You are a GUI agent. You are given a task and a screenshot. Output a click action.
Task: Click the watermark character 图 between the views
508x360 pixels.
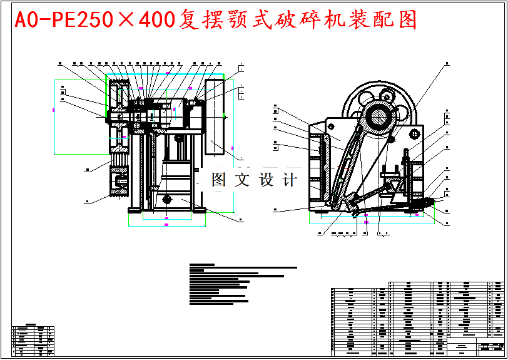[219, 180]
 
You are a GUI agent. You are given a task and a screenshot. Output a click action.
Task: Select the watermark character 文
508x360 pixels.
[242, 180]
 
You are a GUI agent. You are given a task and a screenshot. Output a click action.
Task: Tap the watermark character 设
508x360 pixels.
[265, 180]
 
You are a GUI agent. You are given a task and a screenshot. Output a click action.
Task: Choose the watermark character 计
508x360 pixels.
[289, 180]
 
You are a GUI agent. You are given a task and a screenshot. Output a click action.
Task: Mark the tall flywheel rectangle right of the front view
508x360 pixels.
[214, 116]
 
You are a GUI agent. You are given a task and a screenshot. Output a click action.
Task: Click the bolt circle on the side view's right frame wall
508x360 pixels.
[414, 135]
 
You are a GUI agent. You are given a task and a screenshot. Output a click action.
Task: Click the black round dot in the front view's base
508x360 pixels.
[166, 199]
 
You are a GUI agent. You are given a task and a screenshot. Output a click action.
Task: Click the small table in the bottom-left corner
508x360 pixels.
[33, 340]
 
